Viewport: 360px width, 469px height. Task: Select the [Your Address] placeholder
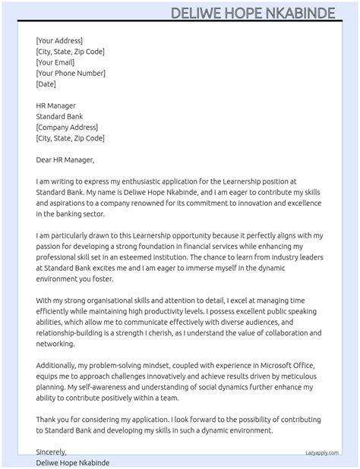[x=59, y=40]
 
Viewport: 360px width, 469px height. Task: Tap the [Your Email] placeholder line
[x=55, y=62]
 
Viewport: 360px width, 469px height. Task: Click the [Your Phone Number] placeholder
[x=71, y=73]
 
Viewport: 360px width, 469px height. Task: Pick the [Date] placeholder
[x=46, y=84]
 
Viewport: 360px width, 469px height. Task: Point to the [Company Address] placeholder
[x=67, y=127]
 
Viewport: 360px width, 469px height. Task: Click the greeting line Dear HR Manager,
[x=65, y=160]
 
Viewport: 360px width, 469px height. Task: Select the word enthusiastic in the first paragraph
[x=140, y=182]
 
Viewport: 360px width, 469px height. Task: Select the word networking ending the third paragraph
[x=55, y=344]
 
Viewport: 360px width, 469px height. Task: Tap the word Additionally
[x=59, y=366]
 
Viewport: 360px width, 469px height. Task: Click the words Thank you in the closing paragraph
[x=54, y=420]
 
